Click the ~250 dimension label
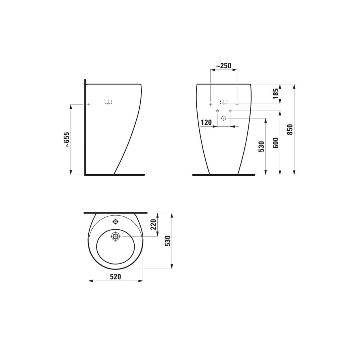tap(223, 66)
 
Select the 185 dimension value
tap(276, 94)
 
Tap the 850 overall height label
tap(290, 129)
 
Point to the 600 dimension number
tap(276, 143)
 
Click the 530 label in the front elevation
tap(262, 147)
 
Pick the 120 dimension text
tap(206, 123)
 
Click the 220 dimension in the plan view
tap(153, 225)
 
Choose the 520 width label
tap(115, 276)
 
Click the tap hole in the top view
tap(116, 221)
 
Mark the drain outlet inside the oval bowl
tap(116, 236)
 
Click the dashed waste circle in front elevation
tap(224, 118)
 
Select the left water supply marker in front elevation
tap(217, 111)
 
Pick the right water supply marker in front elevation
tap(230, 111)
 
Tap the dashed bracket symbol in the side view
tap(108, 102)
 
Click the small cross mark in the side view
tap(89, 104)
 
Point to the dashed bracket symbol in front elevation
tap(224, 102)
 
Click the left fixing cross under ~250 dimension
tap(210, 104)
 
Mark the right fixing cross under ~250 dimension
tap(237, 104)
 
